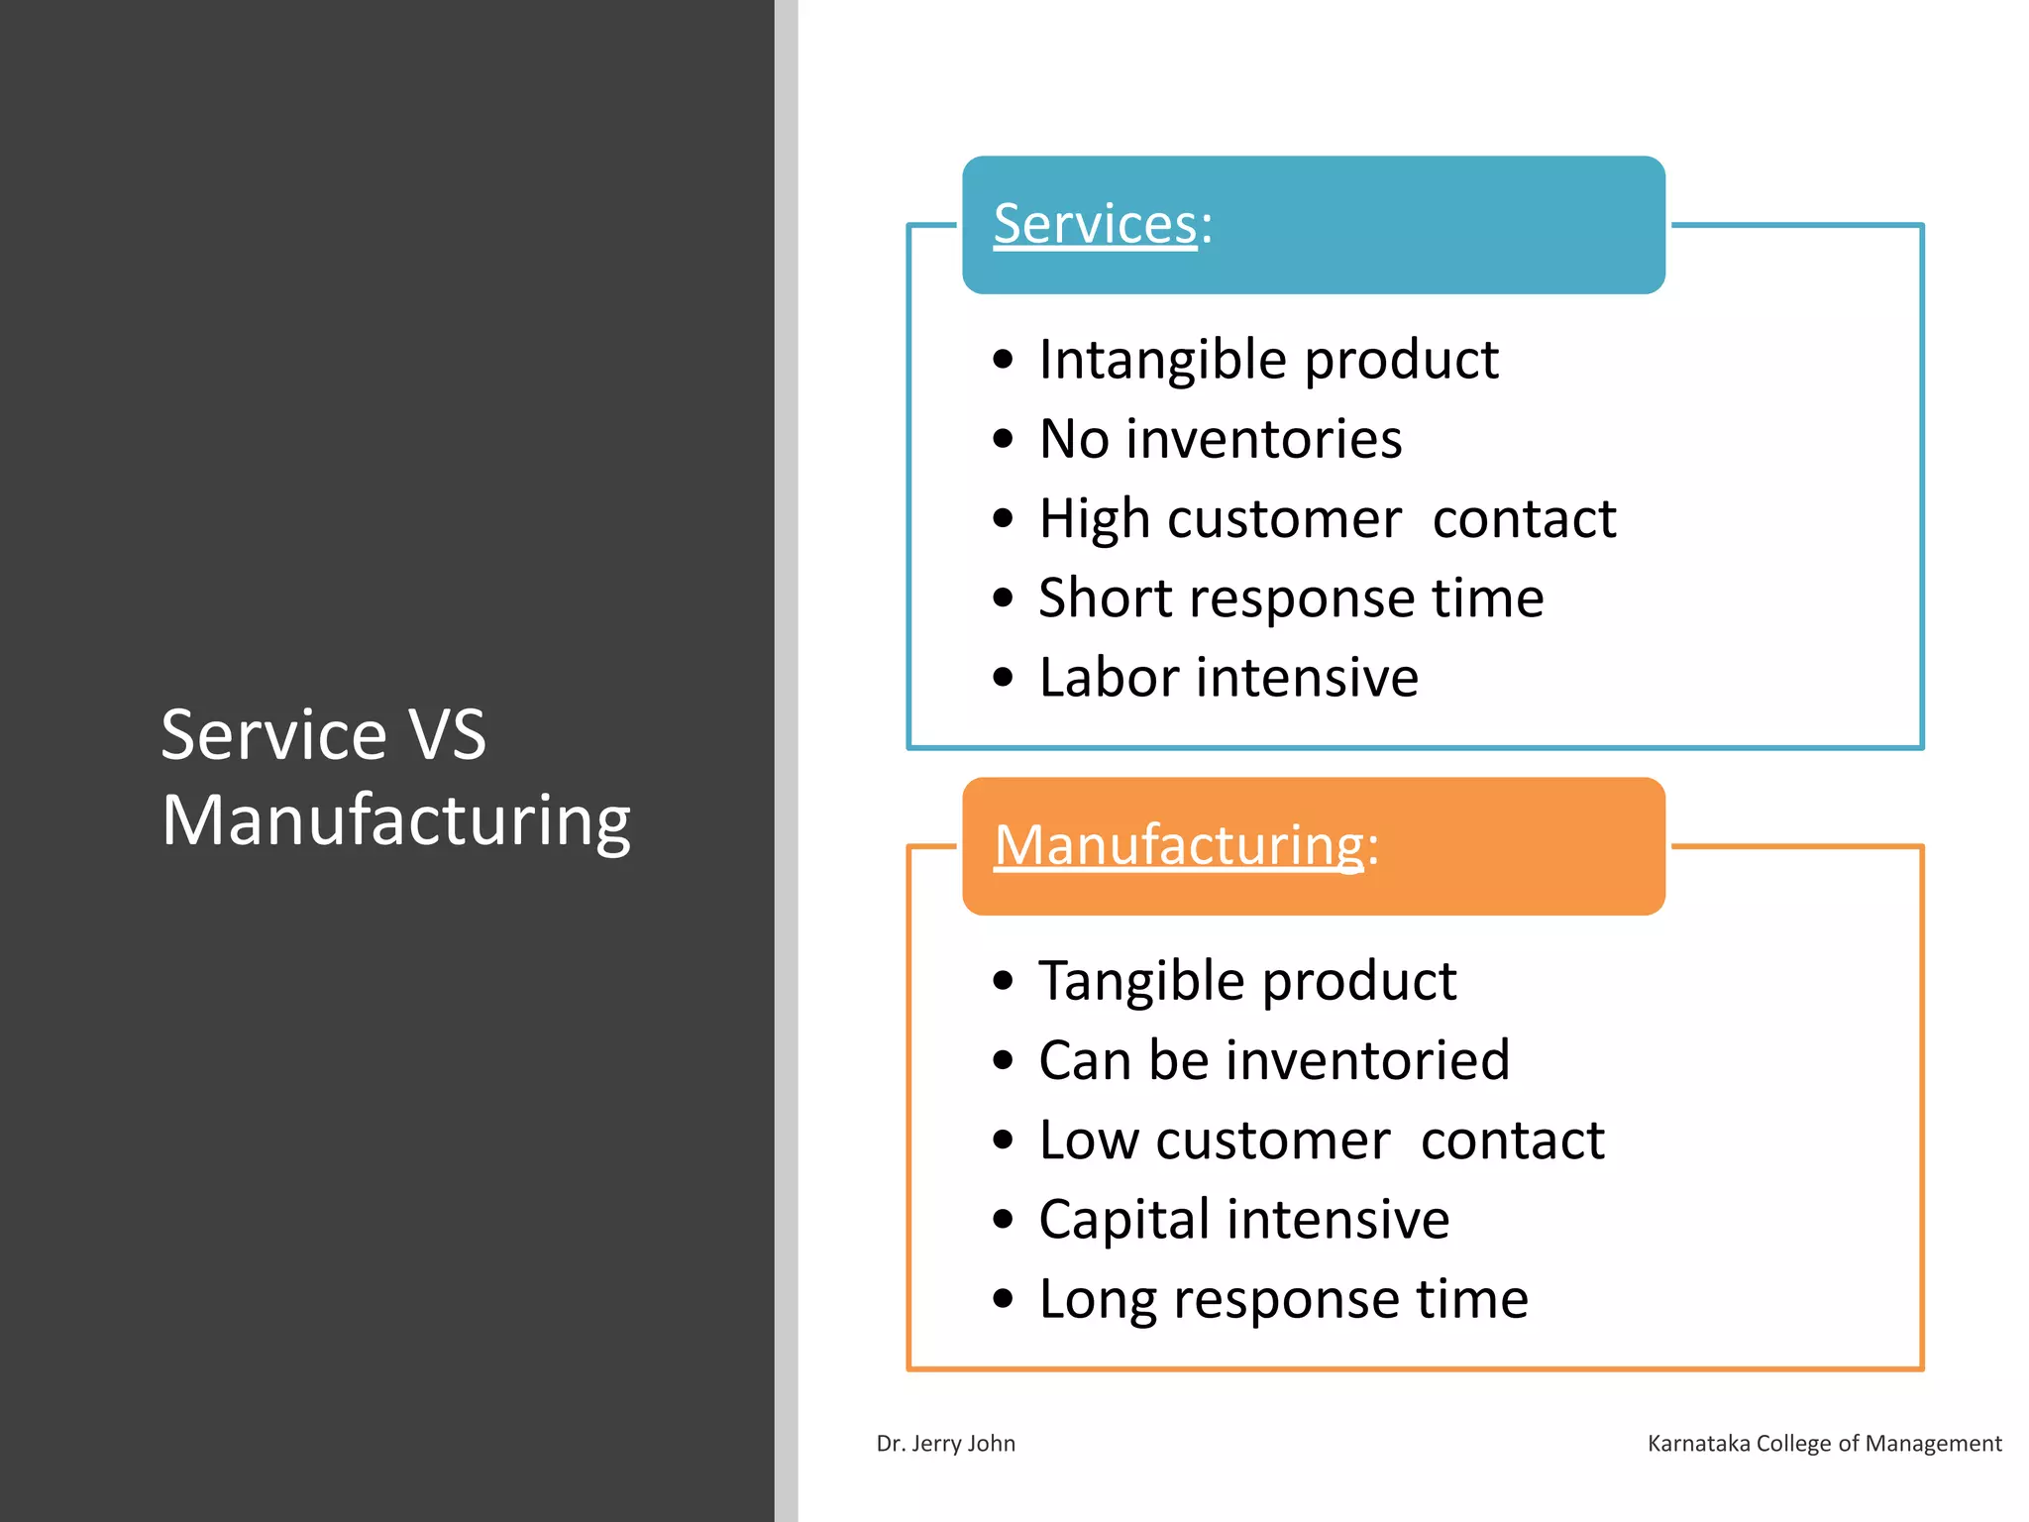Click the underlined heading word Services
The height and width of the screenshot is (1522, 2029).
[x=1095, y=224]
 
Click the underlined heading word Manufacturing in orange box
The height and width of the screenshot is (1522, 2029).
[x=1179, y=845]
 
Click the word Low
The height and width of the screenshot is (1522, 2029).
[x=1090, y=1141]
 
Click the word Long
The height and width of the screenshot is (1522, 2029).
[x=1097, y=1299]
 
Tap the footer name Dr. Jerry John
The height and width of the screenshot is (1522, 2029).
[x=945, y=1444]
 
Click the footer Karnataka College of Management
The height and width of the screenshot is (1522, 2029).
[x=1824, y=1444]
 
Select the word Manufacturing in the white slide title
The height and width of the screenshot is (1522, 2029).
[x=395, y=821]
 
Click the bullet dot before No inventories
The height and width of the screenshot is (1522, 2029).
[x=1003, y=439]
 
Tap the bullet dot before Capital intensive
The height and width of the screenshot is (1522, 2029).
[x=1003, y=1220]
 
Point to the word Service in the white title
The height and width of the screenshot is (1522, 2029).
[x=273, y=735]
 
